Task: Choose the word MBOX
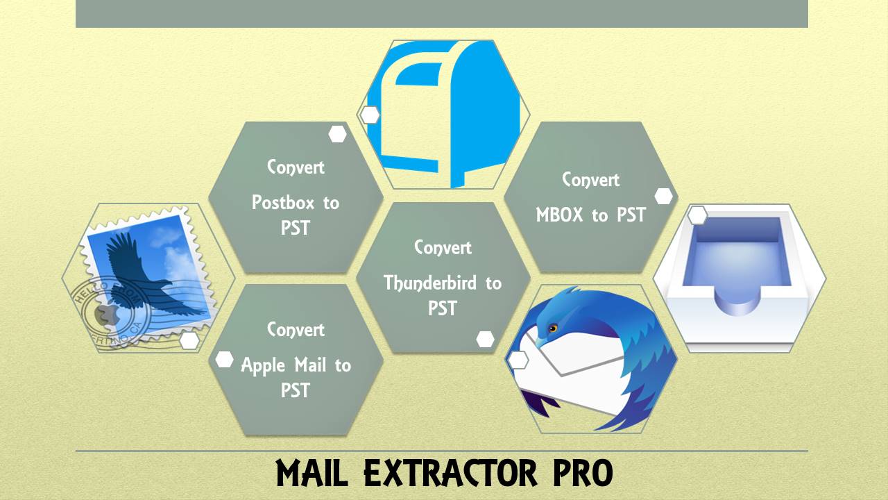click(x=561, y=215)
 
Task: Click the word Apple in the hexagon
click(x=262, y=366)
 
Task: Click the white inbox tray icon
click(x=740, y=278)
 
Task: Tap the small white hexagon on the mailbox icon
click(x=370, y=115)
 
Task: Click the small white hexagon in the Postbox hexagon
click(x=338, y=134)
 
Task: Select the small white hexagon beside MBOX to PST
click(x=664, y=196)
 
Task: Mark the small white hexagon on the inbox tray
click(x=697, y=215)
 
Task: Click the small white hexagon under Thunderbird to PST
click(x=485, y=339)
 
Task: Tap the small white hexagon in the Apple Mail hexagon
click(x=224, y=359)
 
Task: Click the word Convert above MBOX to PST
click(x=590, y=179)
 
